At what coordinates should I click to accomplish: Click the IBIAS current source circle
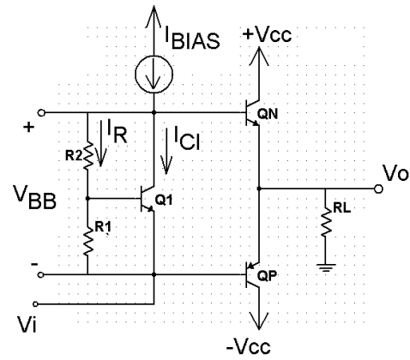[x=154, y=75]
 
